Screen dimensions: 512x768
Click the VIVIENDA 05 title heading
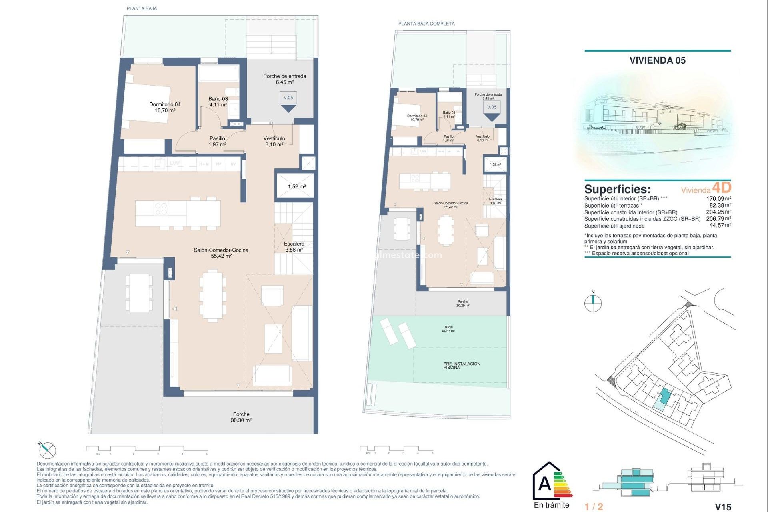(x=657, y=60)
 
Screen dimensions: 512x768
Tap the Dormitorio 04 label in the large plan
(x=165, y=107)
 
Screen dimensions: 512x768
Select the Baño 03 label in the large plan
(x=218, y=102)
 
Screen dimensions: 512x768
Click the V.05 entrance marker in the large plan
(x=288, y=98)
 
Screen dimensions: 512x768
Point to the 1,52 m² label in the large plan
(x=297, y=187)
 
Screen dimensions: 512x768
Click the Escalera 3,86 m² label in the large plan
(x=294, y=246)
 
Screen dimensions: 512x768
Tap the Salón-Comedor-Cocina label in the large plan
(x=221, y=253)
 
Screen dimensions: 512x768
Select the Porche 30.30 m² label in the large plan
(x=241, y=417)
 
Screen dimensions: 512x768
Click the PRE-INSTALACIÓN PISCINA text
(x=462, y=366)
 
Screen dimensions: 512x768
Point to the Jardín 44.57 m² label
(x=448, y=329)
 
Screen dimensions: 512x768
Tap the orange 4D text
(x=722, y=188)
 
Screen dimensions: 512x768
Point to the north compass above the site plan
(x=593, y=303)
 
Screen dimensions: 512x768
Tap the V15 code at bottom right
(x=723, y=507)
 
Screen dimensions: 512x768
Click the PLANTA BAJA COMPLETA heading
(x=426, y=24)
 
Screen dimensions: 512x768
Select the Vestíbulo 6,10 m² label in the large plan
(x=274, y=141)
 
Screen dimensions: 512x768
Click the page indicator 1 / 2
(x=594, y=507)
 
